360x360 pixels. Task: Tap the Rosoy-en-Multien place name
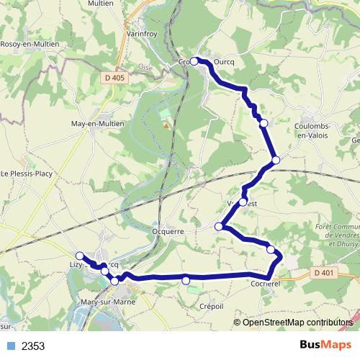[30, 44]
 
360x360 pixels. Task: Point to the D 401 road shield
[325, 272]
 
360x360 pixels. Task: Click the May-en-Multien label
[97, 123]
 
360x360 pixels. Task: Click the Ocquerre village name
[169, 231]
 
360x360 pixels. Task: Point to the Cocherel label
[265, 285]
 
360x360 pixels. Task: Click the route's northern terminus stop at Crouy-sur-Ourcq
[194, 61]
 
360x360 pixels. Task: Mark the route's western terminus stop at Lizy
[79, 256]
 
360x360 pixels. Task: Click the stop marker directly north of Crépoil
[186, 280]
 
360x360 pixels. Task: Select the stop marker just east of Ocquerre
[219, 226]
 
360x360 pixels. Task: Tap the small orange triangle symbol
[167, 126]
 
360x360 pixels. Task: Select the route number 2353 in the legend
[33, 346]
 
